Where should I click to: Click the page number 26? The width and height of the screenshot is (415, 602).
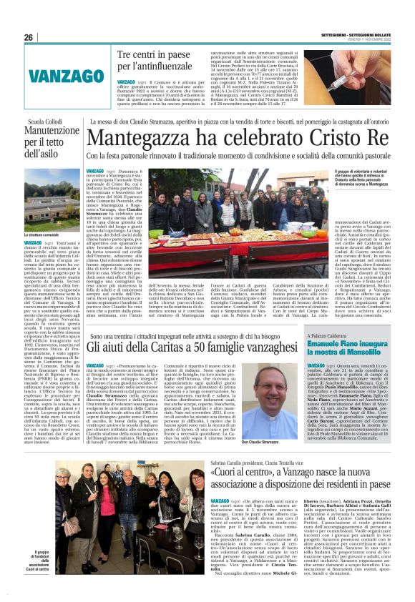pos(29,37)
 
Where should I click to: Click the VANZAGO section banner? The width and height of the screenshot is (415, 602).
pos(57,75)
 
